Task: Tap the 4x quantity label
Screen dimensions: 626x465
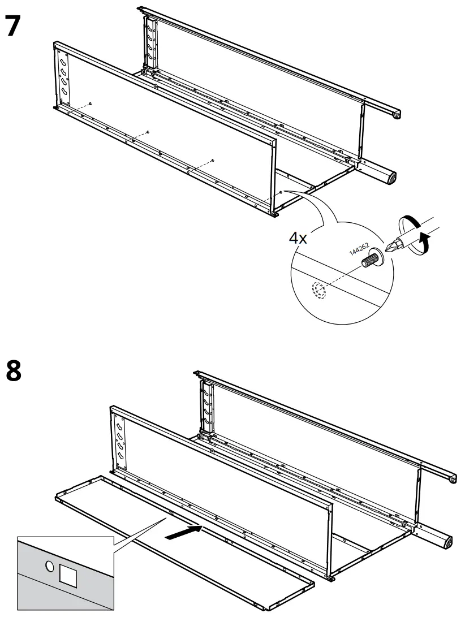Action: [298, 238]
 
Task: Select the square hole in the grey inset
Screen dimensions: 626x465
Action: [67, 576]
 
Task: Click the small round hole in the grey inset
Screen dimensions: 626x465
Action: [49, 566]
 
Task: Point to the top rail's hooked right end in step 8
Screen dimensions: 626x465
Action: [453, 479]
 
